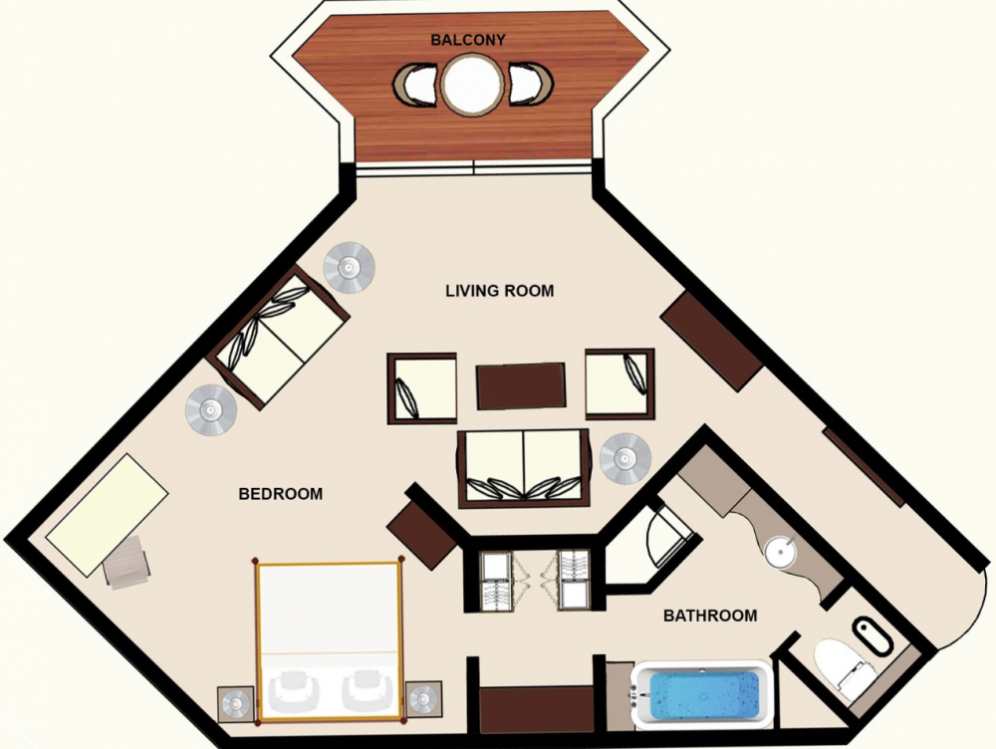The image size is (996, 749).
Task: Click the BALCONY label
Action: [467, 40]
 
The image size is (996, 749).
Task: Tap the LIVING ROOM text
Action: [499, 291]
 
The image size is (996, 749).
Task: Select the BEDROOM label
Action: [280, 494]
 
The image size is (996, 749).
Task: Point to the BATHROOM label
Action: [709, 616]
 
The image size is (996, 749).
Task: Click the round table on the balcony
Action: [473, 85]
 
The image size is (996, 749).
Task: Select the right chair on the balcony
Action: [531, 84]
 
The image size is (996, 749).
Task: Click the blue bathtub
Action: [704, 694]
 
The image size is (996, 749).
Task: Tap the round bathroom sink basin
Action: [780, 553]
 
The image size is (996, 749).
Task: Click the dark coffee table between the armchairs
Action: [521, 385]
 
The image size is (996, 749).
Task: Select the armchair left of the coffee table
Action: [421, 388]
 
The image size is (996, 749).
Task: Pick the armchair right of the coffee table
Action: [620, 383]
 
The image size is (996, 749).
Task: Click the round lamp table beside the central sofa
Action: [625, 458]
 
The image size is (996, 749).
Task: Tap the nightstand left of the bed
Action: [236, 703]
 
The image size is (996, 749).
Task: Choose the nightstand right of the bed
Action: [423, 699]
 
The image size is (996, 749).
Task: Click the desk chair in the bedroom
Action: [127, 562]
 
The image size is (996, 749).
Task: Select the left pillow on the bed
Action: [293, 691]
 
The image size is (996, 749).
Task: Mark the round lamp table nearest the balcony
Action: [349, 268]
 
